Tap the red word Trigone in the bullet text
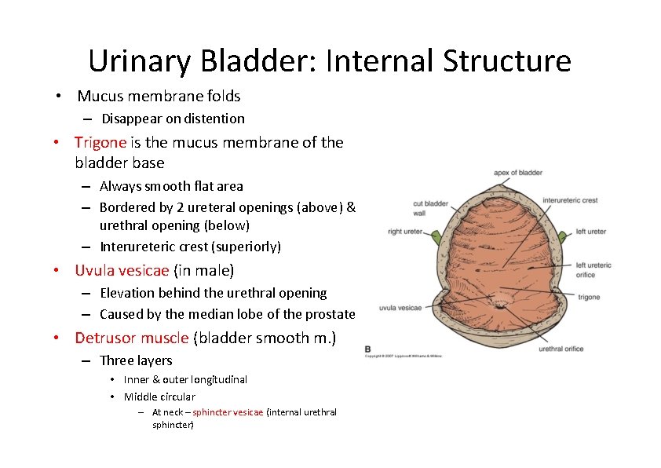click(x=100, y=142)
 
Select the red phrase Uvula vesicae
click(x=122, y=271)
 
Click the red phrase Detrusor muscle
click(x=131, y=338)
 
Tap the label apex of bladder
click(x=517, y=173)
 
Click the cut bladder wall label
click(x=430, y=208)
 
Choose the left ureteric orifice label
click(x=593, y=269)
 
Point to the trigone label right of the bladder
click(x=589, y=298)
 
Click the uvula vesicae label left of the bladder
click(x=400, y=308)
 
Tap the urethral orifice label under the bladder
click(x=561, y=349)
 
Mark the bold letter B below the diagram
click(x=368, y=349)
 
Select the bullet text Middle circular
click(x=159, y=397)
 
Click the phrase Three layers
click(x=136, y=360)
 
